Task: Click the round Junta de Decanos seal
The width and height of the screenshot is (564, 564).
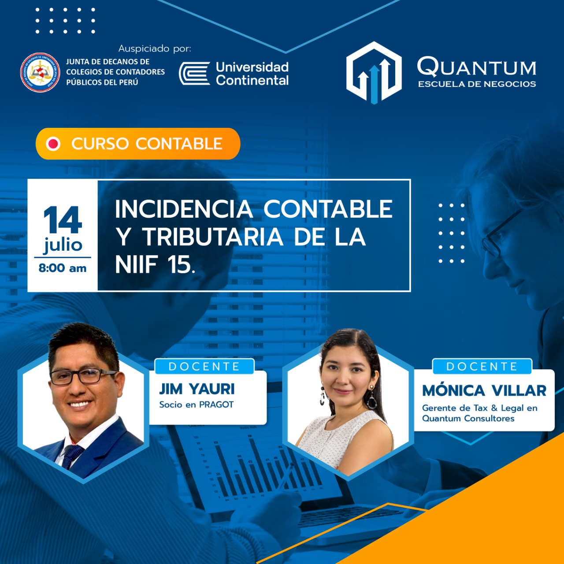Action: pyautogui.click(x=40, y=72)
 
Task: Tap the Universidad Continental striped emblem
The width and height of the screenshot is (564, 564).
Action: pyautogui.click(x=194, y=73)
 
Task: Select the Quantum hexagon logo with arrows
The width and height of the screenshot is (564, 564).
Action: pyautogui.click(x=374, y=73)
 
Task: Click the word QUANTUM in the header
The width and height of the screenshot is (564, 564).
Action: pyautogui.click(x=476, y=67)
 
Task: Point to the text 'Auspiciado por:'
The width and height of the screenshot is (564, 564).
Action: pyautogui.click(x=155, y=48)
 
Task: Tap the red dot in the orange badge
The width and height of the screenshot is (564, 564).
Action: pyautogui.click(x=53, y=144)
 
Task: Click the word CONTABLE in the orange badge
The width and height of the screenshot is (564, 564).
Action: pyautogui.click(x=179, y=143)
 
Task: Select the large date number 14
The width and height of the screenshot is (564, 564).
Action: pyautogui.click(x=62, y=219)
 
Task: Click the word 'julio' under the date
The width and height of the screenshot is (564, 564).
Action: pyautogui.click(x=63, y=245)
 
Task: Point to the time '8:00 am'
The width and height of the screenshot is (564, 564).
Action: pyautogui.click(x=63, y=268)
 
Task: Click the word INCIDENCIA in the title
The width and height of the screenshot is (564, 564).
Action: pyautogui.click(x=184, y=209)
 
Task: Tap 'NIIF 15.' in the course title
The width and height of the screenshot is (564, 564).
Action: pyautogui.click(x=155, y=264)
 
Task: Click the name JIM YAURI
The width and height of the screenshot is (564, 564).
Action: pyautogui.click(x=197, y=389)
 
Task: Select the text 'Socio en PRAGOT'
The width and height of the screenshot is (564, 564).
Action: pyautogui.click(x=197, y=404)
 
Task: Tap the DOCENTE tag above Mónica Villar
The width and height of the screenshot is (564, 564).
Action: pyautogui.click(x=482, y=367)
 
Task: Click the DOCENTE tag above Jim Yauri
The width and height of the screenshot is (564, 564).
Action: pyautogui.click(x=204, y=367)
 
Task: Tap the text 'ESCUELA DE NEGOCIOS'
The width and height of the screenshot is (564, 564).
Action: pyautogui.click(x=477, y=84)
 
